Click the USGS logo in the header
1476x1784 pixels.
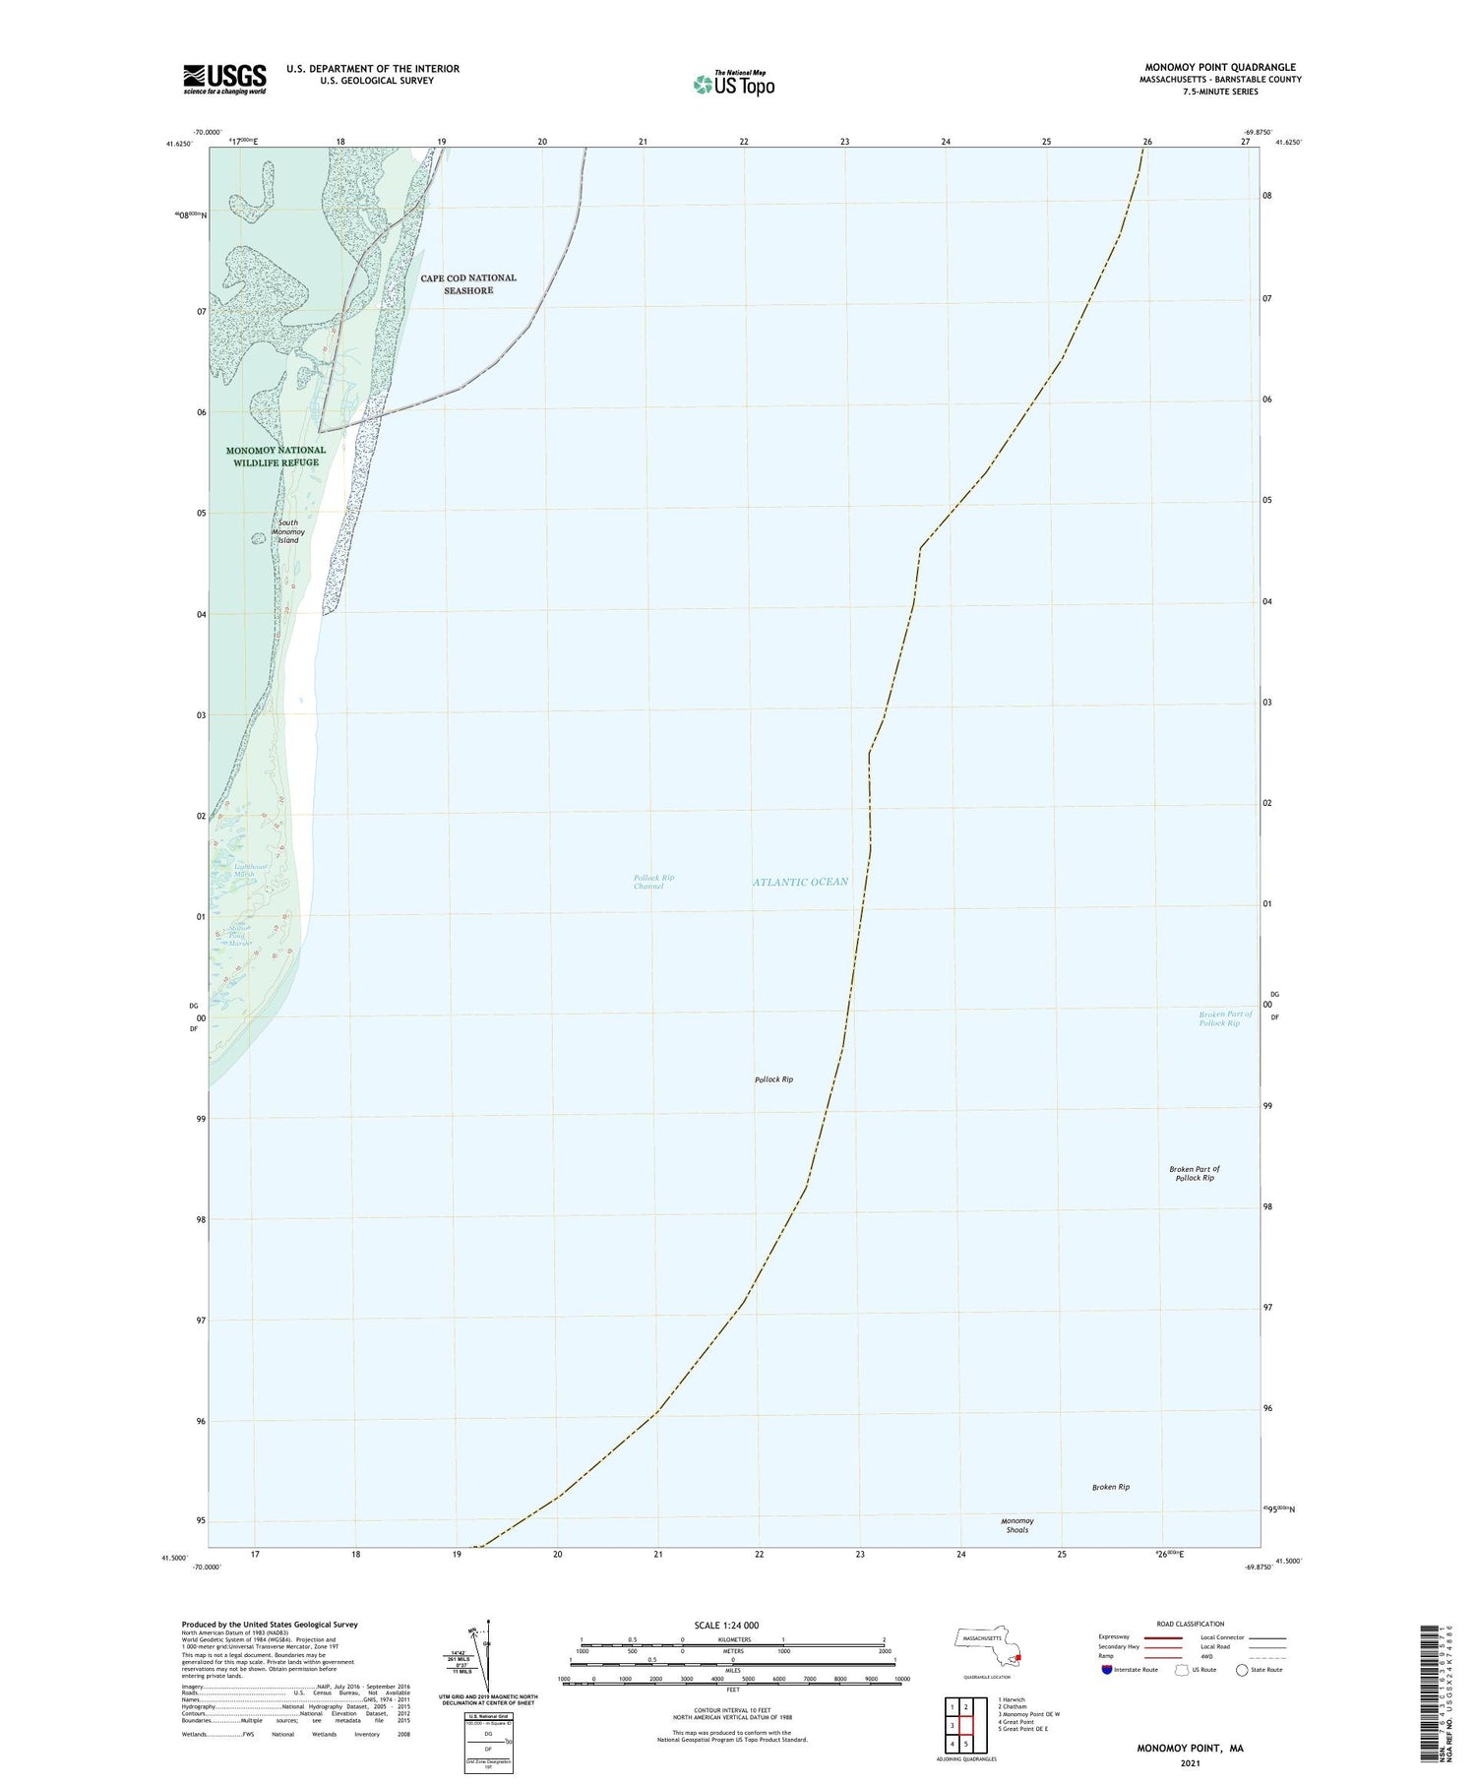224,79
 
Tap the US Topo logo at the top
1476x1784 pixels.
733,85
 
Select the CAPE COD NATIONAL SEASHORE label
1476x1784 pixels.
467,284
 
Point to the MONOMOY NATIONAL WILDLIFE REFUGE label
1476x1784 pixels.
276,457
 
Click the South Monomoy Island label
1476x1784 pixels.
287,531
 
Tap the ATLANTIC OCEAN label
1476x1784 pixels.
800,882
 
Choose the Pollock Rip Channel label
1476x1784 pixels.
653,882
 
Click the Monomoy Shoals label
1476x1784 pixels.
1016,1525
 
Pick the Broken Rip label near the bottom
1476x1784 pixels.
1110,1487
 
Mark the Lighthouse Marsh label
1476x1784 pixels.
236,870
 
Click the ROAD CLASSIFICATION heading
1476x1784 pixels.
1191,1624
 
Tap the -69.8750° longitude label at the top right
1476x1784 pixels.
1257,132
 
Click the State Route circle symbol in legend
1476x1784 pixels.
1242,1669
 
